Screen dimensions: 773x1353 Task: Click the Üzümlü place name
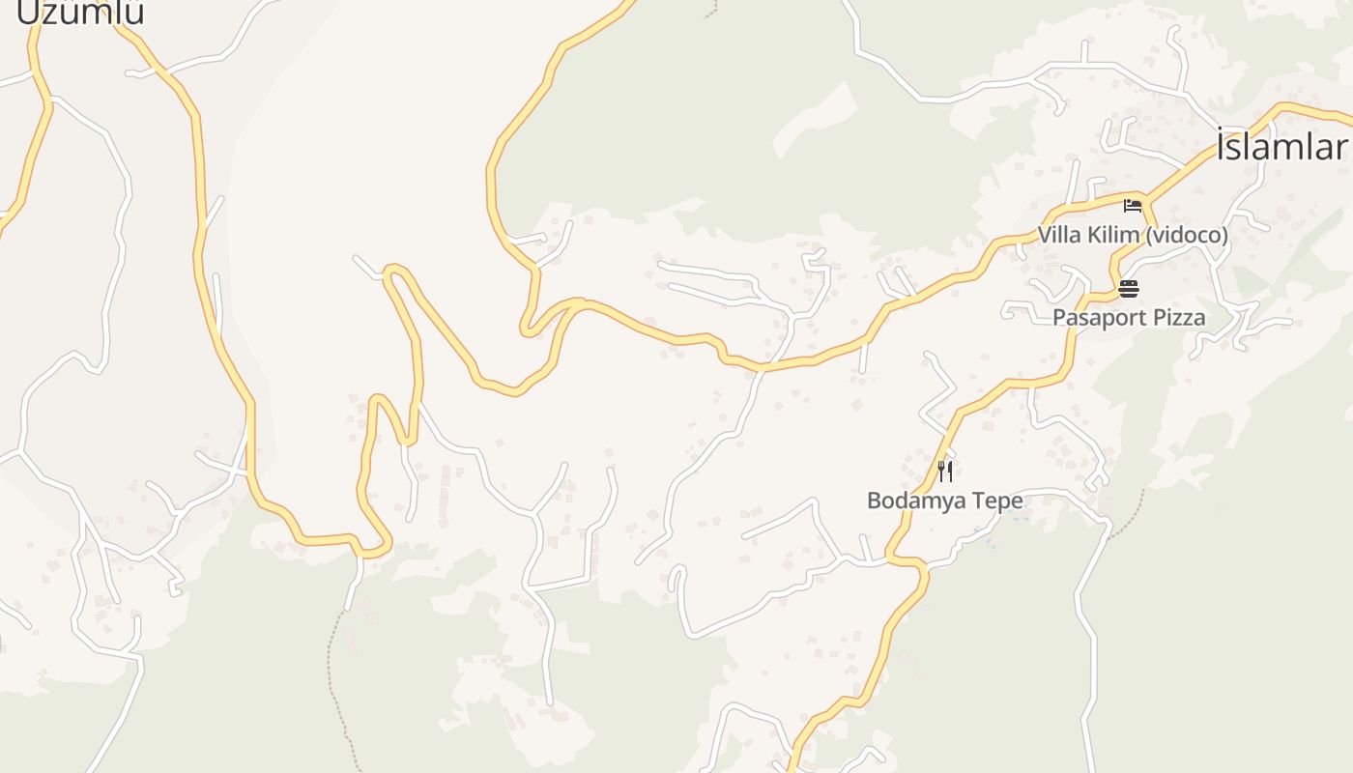(x=81, y=12)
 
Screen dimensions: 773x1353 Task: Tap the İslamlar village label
(x=1281, y=147)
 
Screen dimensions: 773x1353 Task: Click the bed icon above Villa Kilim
(x=1133, y=206)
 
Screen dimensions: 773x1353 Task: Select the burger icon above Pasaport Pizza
(x=1129, y=288)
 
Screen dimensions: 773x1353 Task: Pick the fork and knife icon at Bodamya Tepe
(x=945, y=472)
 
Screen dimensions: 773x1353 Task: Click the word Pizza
(x=1178, y=317)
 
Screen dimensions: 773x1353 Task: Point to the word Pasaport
(x=1098, y=317)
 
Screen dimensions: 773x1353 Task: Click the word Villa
(x=1058, y=235)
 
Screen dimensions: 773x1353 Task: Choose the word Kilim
(x=1111, y=235)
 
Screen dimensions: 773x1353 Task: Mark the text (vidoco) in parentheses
(x=1186, y=235)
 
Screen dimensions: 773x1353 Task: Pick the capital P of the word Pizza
(x=1157, y=317)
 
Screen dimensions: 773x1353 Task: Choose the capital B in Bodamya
(x=874, y=501)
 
